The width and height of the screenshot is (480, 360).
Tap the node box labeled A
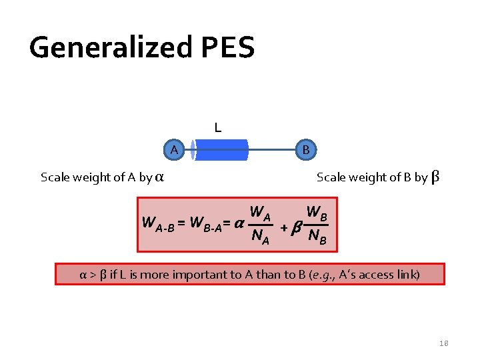(173, 149)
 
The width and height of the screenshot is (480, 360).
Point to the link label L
(217, 127)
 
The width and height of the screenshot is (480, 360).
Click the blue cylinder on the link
(220, 150)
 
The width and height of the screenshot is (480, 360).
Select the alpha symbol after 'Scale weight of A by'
(160, 177)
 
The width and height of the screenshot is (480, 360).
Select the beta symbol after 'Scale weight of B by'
(435, 177)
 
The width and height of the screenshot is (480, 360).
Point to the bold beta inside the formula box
(295, 227)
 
